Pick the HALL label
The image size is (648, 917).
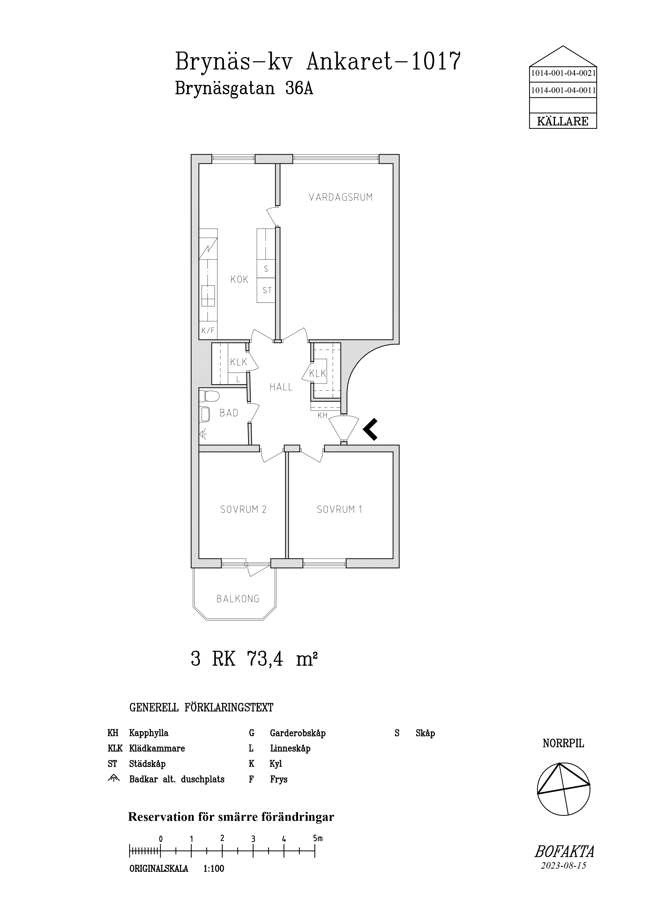point(281,387)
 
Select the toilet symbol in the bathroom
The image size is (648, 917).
point(210,397)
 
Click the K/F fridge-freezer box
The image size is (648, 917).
point(208,330)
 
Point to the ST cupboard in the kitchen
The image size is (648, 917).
point(266,290)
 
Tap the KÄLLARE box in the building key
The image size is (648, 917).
point(563,121)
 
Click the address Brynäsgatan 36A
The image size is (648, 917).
point(244,89)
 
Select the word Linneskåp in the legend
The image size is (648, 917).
point(290,748)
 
